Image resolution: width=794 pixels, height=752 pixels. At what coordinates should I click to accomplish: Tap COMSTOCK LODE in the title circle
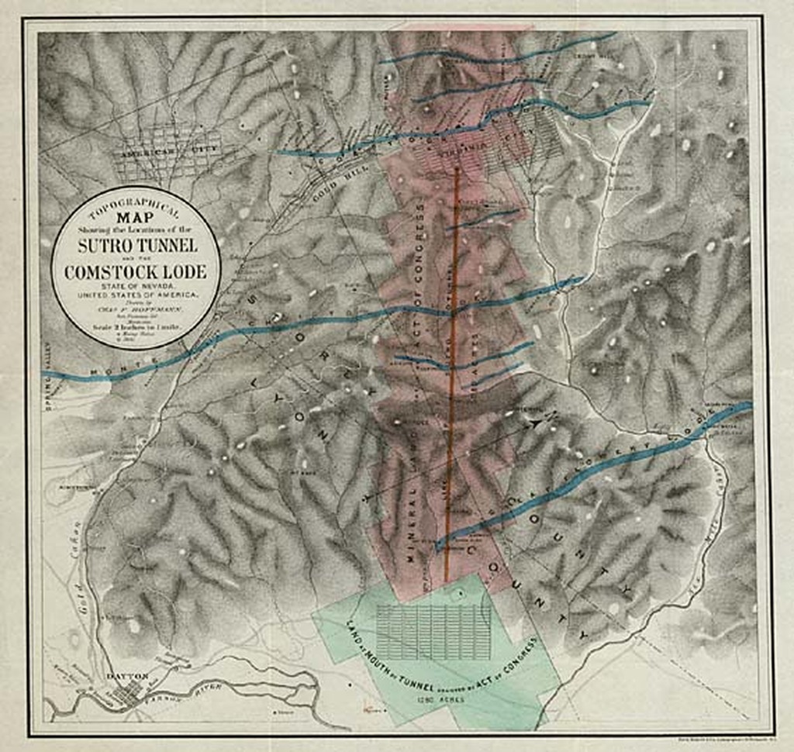(x=136, y=272)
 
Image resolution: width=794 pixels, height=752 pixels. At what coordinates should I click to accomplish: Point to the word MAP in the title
(x=136, y=219)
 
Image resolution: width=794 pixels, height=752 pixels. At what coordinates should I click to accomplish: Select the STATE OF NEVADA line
(x=136, y=288)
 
